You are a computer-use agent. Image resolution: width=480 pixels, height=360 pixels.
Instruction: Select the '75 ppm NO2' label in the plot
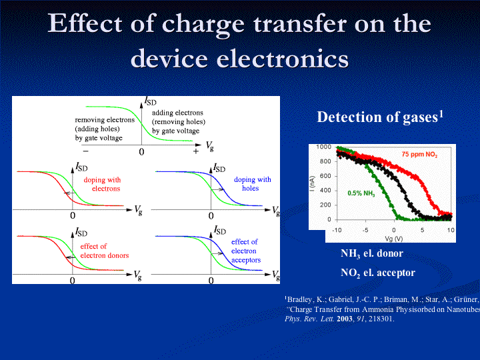tap(419, 155)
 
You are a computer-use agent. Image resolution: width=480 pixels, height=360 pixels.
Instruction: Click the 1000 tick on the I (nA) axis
tap(324, 147)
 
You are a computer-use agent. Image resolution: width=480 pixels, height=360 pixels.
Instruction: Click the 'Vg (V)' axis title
tap(393, 238)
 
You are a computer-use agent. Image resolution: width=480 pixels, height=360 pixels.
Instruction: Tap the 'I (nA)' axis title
tap(312, 183)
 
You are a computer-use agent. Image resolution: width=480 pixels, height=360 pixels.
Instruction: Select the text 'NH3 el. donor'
tap(371, 254)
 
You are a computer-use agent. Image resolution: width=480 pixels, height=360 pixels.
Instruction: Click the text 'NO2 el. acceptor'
tap(377, 273)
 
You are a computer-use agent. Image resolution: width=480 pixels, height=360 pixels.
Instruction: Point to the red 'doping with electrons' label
tap(101, 184)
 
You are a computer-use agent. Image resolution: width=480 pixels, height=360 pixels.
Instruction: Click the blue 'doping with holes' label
tap(252, 184)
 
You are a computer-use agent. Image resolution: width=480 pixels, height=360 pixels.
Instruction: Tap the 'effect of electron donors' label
tap(104, 251)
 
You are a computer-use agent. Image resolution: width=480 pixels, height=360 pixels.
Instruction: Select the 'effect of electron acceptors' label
tap(245, 251)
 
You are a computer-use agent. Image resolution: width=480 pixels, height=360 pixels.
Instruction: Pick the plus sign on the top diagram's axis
tap(195, 152)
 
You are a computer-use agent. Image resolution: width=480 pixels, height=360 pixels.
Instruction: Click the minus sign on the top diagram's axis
tap(85, 152)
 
